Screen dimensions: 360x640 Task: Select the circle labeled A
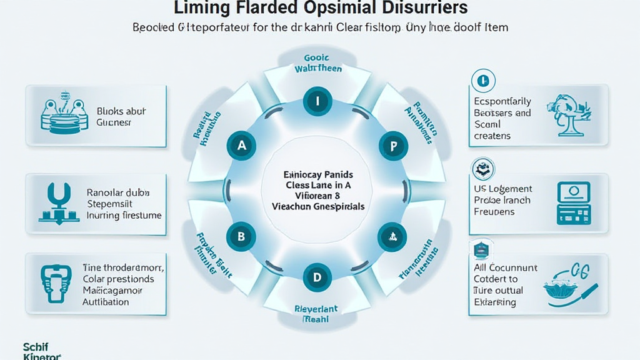coord(241,146)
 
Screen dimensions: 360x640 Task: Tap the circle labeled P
coord(393,147)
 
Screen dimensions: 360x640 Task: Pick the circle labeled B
coord(241,236)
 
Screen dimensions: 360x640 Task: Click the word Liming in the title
coord(201,9)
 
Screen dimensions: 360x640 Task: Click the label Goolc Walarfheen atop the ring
coord(318,63)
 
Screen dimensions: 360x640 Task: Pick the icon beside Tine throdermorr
coord(57,283)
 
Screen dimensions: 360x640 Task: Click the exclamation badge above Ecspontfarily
coord(482,80)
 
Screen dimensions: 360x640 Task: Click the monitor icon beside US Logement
coord(573,203)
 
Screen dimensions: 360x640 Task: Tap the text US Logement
coord(503,189)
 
